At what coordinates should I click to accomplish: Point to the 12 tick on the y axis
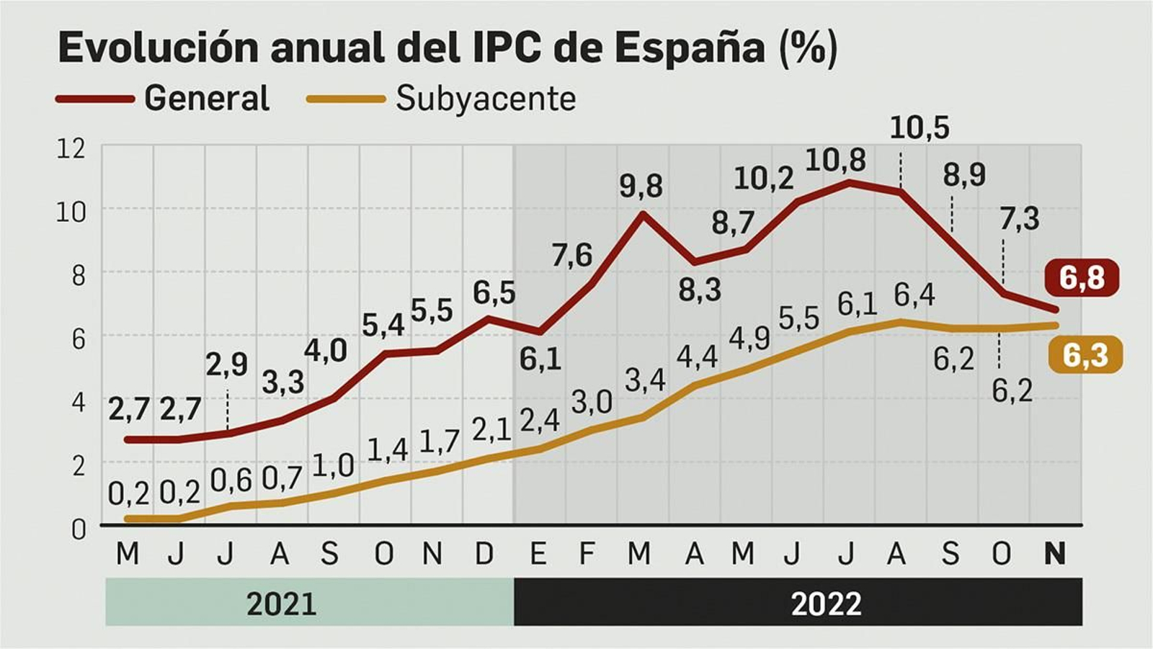point(71,148)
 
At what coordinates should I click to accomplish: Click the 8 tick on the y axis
point(77,275)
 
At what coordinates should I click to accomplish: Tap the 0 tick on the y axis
point(78,529)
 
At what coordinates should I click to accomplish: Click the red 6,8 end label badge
point(1082,277)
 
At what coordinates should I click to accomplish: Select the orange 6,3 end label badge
point(1085,355)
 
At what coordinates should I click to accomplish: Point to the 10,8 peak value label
point(835,160)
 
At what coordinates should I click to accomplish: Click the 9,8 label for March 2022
point(641,187)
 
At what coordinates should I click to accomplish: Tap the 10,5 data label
point(920,128)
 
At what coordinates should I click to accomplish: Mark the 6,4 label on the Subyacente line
point(914,295)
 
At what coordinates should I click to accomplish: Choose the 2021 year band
point(281,603)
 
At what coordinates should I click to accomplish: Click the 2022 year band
point(826,603)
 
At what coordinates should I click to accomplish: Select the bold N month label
point(1054,553)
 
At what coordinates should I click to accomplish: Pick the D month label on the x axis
point(485,553)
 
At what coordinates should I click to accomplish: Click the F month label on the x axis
point(587,553)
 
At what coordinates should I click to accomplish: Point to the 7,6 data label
point(572,255)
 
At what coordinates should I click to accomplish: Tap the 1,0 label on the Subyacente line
point(333,466)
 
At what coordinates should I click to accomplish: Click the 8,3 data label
point(700,290)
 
